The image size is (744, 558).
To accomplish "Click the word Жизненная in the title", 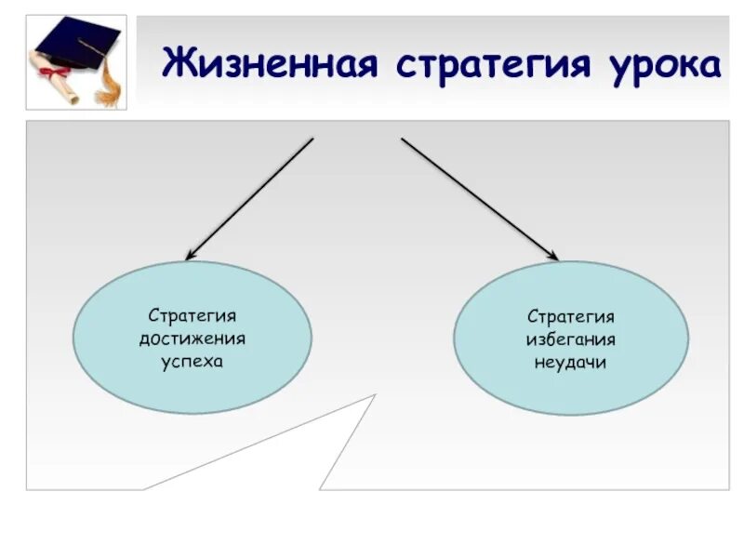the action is pos(271,65).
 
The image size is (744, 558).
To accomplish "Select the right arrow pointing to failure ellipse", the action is pos(479,198).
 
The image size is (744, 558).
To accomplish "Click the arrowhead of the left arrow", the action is pos(189,256).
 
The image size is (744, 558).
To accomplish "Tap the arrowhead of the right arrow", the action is pos(554,257).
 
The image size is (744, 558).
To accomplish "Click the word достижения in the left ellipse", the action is pos(193,339).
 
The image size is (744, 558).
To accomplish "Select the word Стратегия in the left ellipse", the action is pos(193,317).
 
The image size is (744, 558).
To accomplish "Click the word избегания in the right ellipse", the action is pos(571,339).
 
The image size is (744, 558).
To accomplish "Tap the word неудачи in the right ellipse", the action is pos(571,362).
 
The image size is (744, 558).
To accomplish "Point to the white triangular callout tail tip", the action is pos(374,395).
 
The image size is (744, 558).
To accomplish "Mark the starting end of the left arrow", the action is pos(313,139).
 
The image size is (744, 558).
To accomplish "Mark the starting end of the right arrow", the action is pos(402,139).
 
